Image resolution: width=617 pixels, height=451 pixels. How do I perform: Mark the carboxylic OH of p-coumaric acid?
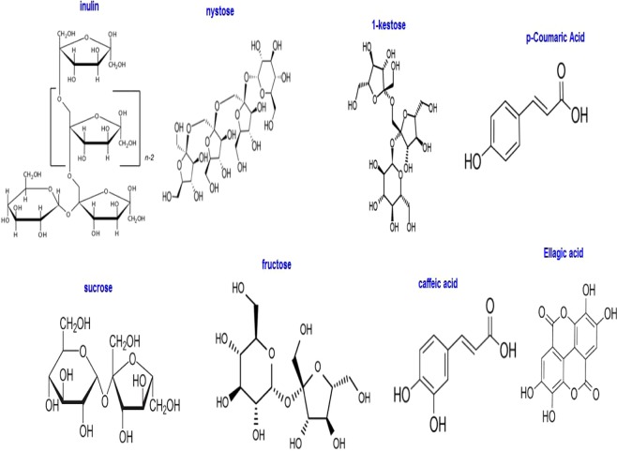[605, 116]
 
